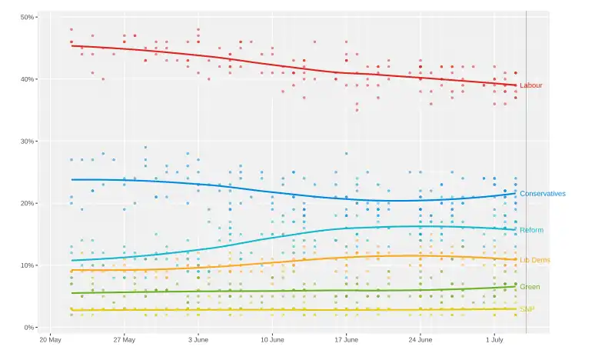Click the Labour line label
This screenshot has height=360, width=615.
[x=531, y=85]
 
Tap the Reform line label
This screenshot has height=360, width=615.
[x=531, y=230]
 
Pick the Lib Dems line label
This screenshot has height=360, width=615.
[x=534, y=260]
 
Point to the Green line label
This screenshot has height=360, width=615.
[x=530, y=287]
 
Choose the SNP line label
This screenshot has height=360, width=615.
[x=527, y=309]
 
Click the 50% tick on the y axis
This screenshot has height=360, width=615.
[x=26, y=17]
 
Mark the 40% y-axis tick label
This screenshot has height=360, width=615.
[x=26, y=79]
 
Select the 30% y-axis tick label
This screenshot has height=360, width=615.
[x=26, y=142]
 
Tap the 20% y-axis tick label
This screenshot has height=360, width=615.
[x=26, y=203]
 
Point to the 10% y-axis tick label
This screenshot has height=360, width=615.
[x=26, y=265]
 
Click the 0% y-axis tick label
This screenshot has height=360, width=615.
[x=28, y=328]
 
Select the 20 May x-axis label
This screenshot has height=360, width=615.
[x=50, y=339]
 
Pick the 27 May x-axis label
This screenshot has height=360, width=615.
[x=124, y=339]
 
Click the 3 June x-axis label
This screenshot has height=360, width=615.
[x=198, y=339]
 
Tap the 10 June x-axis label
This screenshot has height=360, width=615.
[x=272, y=339]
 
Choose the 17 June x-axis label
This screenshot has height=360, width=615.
[x=346, y=339]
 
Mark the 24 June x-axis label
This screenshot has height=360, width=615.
[x=420, y=339]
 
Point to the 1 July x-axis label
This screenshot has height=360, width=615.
[x=494, y=339]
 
